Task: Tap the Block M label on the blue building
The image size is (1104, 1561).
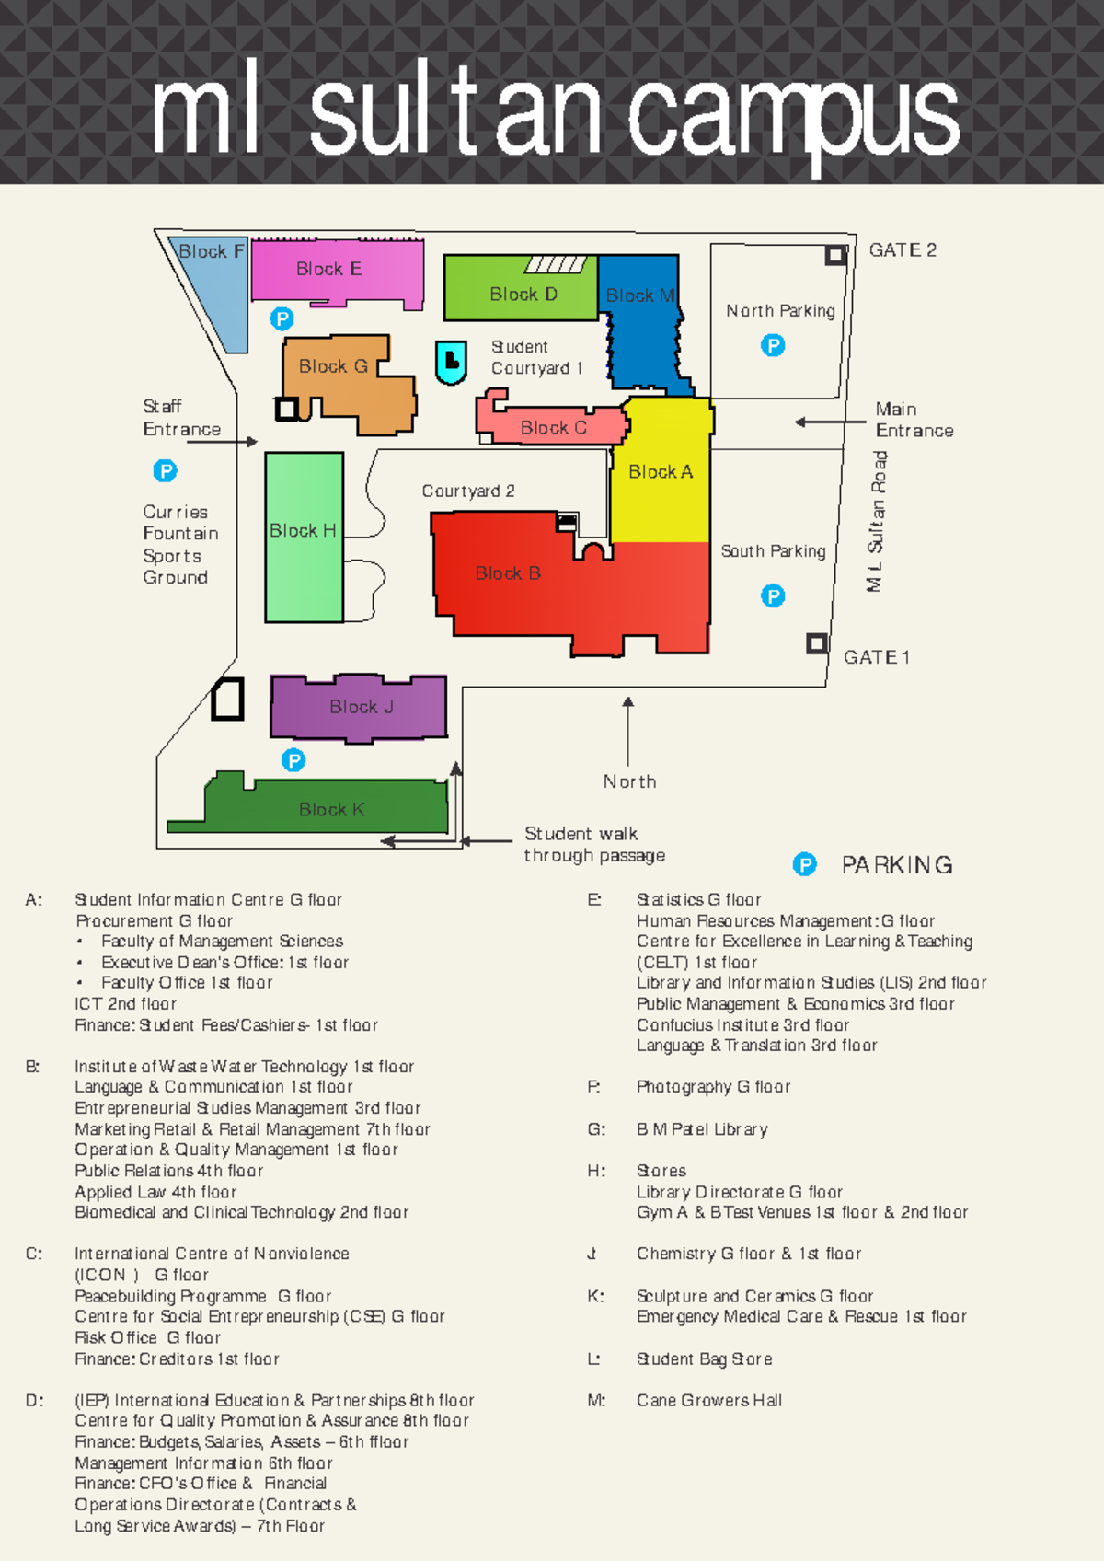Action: tap(640, 295)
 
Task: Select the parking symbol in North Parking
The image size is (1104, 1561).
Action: tap(773, 345)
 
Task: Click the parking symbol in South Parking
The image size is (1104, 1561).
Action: tap(773, 595)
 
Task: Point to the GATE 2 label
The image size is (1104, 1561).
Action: tap(903, 250)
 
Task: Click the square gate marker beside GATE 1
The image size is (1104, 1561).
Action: tap(816, 643)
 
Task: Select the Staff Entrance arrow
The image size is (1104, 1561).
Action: tap(222, 442)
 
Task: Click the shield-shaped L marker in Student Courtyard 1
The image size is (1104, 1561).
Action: tap(451, 362)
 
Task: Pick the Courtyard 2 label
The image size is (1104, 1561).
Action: tap(468, 491)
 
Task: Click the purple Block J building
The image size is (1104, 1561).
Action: tap(360, 707)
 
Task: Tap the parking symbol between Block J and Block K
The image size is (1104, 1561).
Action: tap(293, 760)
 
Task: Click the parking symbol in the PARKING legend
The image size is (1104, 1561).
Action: tap(805, 864)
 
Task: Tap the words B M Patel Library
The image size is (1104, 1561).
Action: tap(702, 1129)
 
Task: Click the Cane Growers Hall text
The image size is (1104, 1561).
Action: tap(709, 1400)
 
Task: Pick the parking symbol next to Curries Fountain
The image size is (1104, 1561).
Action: tap(165, 471)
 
